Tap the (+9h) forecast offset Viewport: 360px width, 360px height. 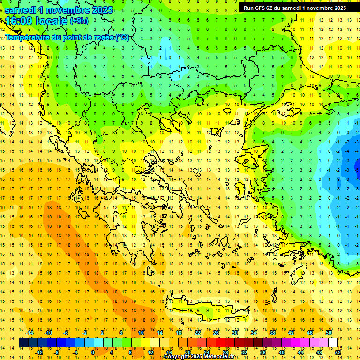point(78,21)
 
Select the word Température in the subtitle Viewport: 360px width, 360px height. point(28,37)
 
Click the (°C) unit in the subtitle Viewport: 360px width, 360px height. point(122,37)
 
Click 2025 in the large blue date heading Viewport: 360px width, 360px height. point(98,9)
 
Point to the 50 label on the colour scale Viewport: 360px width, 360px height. point(328,333)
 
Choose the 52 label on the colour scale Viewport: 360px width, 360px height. point(337,352)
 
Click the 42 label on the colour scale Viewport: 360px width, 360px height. point(291,333)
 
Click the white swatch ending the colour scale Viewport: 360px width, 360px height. point(333,343)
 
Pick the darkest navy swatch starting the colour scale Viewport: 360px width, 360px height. point(24,343)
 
